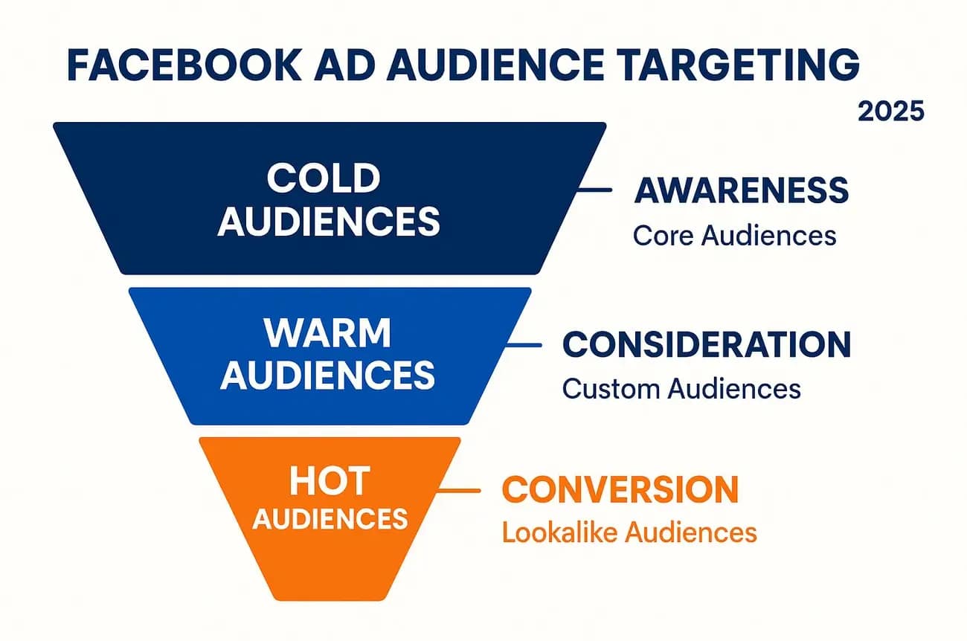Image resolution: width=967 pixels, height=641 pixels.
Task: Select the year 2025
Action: coord(890,112)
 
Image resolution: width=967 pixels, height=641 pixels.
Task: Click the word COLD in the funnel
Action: coord(324,179)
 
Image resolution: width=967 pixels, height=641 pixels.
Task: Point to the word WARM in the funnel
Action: coord(327,335)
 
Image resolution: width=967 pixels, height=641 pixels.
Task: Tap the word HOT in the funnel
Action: coord(329,482)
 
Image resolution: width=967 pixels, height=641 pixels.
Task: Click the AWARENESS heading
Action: coord(741,191)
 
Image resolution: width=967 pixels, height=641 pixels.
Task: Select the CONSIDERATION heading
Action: coord(707,345)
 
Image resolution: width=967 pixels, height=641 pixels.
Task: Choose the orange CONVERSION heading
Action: coord(620,489)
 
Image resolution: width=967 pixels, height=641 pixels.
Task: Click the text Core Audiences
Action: coord(734,236)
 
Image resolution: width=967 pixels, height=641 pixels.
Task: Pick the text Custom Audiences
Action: coord(681,389)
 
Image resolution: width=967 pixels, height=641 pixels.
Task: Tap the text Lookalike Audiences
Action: coord(629,532)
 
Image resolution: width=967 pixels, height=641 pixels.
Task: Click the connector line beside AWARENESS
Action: coord(594,190)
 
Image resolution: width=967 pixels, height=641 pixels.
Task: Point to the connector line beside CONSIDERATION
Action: coord(524,344)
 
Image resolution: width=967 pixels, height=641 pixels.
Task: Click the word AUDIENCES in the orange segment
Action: coord(330,518)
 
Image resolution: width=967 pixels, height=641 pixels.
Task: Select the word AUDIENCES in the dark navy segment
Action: coord(328,221)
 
